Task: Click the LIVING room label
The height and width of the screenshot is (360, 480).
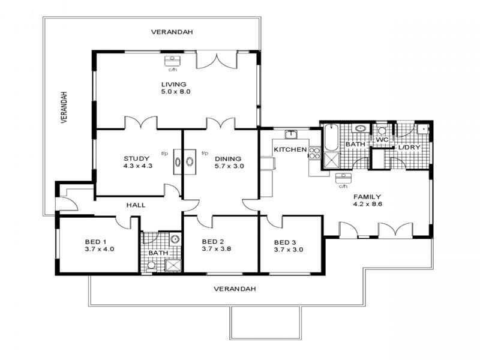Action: (x=173, y=84)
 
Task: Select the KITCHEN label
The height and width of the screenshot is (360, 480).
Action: (x=290, y=149)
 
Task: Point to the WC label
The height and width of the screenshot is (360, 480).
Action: (x=382, y=140)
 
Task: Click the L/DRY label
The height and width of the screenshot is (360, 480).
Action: (x=409, y=148)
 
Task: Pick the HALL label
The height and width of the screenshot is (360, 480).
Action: (x=136, y=205)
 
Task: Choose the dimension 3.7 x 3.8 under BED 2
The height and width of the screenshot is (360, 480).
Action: (x=217, y=249)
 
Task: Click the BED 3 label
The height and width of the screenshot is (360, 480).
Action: (x=285, y=242)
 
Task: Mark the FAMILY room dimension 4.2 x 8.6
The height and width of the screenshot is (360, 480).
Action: (x=368, y=204)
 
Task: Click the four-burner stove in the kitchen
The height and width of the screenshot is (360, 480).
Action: (x=314, y=152)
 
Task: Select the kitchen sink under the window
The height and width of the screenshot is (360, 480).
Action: (x=291, y=134)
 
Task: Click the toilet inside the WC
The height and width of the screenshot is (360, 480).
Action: (x=382, y=130)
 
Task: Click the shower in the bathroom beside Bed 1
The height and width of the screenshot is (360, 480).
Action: (x=173, y=266)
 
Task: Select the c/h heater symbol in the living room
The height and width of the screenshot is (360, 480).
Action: (x=172, y=60)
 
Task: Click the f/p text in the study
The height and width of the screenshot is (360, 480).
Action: (x=164, y=153)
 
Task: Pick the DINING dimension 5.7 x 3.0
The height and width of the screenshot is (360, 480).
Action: (x=229, y=166)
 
